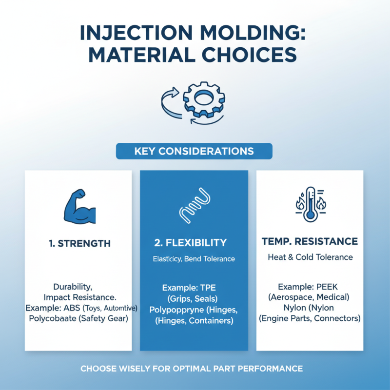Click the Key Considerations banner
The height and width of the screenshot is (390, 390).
click(194, 151)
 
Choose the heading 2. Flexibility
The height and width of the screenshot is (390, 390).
click(194, 242)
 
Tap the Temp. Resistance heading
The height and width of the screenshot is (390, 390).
click(310, 241)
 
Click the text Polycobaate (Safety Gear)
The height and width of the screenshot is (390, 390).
click(78, 319)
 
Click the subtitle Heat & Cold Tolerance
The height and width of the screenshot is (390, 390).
click(310, 257)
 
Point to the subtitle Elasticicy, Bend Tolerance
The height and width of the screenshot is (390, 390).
click(194, 259)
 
